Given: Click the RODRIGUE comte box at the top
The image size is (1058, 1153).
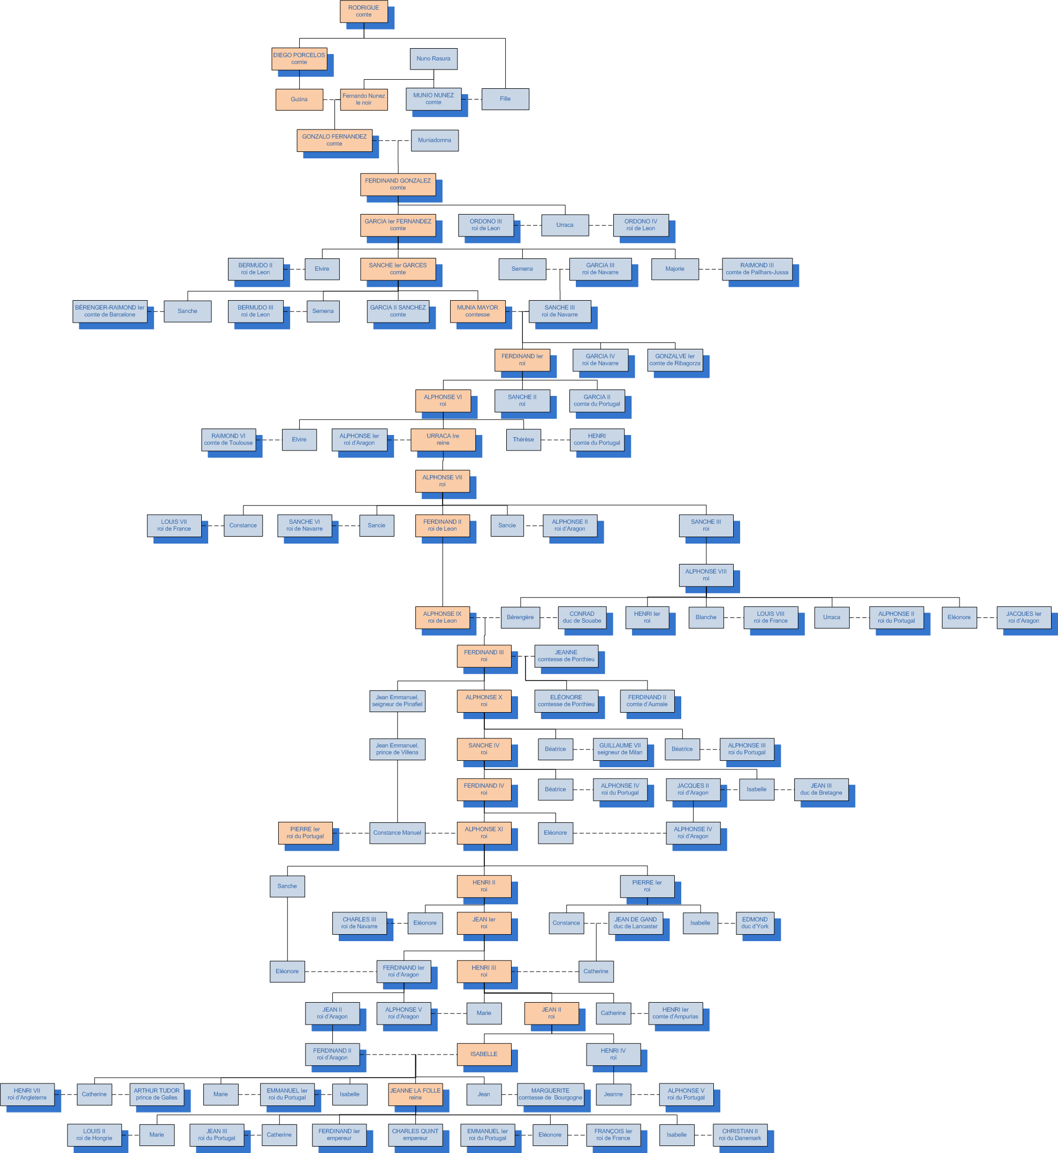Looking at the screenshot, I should click(x=363, y=11).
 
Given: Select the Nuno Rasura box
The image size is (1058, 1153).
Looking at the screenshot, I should click(x=433, y=59).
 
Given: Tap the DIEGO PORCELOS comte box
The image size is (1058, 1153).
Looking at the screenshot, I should click(x=299, y=59).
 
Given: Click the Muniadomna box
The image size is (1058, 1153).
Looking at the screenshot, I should click(x=434, y=140).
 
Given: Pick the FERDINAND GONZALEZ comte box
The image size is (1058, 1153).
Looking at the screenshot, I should click(x=398, y=185).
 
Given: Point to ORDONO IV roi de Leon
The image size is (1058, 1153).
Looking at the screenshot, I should click(x=641, y=225).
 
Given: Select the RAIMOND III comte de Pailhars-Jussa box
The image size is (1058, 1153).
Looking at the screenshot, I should click(x=757, y=269).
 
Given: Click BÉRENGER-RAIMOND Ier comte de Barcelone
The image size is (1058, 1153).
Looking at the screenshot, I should click(x=110, y=311).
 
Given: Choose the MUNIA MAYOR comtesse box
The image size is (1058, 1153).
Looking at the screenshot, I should click(x=477, y=311).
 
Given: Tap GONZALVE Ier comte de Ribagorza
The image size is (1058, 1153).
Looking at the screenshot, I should click(x=674, y=360).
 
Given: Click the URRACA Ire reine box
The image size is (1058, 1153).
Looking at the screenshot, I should click(x=443, y=440).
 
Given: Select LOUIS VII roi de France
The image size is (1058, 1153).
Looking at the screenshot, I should click(x=174, y=525).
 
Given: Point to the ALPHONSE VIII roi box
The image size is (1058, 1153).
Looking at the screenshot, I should click(x=706, y=575).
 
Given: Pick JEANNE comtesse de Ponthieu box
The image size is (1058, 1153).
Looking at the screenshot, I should click(x=566, y=656).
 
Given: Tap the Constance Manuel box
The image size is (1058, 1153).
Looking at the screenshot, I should click(x=397, y=833).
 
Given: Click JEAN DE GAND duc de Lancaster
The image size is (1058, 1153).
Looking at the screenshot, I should click(x=635, y=923).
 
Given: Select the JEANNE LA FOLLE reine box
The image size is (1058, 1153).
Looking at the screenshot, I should click(x=415, y=1094).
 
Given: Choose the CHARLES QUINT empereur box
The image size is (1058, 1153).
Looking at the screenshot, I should click(x=415, y=1135).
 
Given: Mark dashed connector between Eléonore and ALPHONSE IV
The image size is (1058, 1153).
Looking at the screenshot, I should click(x=620, y=833).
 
